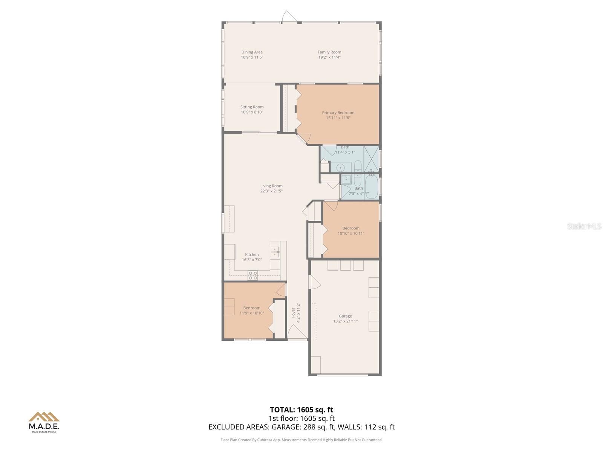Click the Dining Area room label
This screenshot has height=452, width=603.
(x=252, y=52)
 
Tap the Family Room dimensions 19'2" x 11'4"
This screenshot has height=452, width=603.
(x=329, y=57)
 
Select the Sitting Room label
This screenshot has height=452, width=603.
(x=252, y=107)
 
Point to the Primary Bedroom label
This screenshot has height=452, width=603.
(x=338, y=113)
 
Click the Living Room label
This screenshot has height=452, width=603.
(x=271, y=186)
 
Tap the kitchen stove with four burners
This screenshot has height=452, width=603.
(x=253, y=276)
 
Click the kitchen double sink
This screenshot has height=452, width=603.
(x=275, y=252)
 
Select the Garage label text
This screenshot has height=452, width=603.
(x=345, y=316)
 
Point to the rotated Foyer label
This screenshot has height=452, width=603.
(x=294, y=313)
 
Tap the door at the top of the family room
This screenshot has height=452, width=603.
(x=290, y=17)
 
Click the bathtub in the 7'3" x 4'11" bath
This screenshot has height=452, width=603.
(x=371, y=186)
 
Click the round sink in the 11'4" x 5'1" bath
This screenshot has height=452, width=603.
(x=341, y=168)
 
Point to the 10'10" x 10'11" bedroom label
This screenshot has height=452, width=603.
(x=351, y=228)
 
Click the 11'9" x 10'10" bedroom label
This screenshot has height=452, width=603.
(x=252, y=308)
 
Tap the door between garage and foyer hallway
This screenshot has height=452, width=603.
(x=314, y=282)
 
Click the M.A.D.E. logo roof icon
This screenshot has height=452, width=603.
(x=44, y=417)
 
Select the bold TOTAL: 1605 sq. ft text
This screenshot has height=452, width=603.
(x=301, y=410)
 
